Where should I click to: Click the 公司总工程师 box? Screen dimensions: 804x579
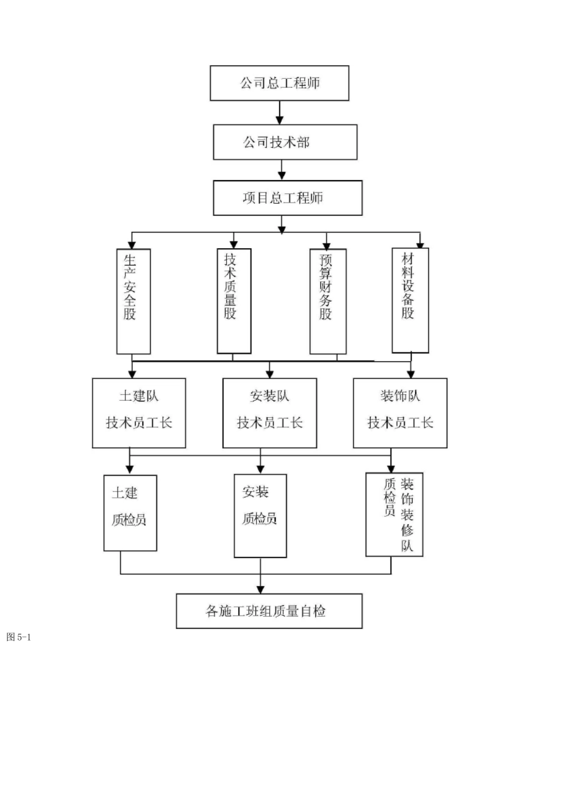pos(279,83)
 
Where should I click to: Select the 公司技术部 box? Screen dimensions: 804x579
pos(285,142)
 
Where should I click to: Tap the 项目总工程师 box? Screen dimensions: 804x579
pos(287,198)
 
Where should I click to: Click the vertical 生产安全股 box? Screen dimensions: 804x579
pos(133,301)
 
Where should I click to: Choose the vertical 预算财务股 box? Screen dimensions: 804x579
pos(328,301)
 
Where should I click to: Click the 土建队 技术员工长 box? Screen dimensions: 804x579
pos(139,413)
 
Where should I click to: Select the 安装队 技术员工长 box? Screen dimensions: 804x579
pos(269,413)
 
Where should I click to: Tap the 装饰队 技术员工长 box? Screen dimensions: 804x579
pos(400,413)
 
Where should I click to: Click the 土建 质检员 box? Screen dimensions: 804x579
pos(130,513)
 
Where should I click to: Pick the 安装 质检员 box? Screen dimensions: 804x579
pos(260,515)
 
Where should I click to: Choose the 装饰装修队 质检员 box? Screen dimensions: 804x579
pos(394,514)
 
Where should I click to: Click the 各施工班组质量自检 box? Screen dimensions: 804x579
pos(269,611)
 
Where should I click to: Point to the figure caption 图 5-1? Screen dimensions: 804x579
pos(18,637)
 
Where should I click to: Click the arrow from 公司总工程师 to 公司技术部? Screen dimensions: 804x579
pos(280,113)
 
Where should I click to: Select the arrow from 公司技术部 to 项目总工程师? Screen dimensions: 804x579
pos(282,170)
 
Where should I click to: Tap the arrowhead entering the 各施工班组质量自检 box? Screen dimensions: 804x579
pos(261,589)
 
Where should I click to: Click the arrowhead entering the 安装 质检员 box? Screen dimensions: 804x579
pos(261,469)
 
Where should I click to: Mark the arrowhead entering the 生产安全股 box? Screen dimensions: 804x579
pos(132,244)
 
